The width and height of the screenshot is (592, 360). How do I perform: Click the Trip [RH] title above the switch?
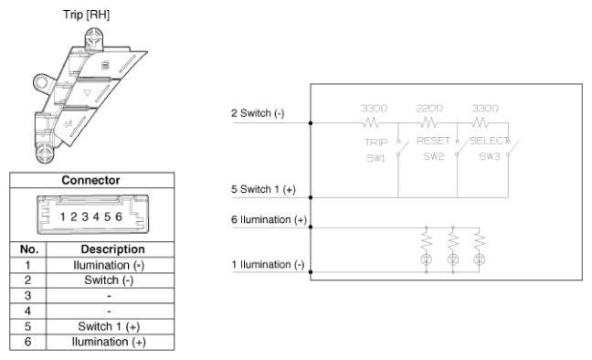[x=87, y=15]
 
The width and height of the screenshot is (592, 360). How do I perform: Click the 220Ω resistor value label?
[x=429, y=109]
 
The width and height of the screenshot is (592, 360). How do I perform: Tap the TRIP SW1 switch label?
[x=376, y=150]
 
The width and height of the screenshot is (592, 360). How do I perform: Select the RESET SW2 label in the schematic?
[x=433, y=148]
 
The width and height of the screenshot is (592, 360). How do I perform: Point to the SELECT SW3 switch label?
[x=490, y=148]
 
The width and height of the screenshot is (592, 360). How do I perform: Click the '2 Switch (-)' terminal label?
[x=258, y=113]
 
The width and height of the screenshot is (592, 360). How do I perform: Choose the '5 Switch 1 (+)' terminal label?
[x=263, y=189]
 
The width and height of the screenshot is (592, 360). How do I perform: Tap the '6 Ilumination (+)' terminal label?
[x=269, y=220]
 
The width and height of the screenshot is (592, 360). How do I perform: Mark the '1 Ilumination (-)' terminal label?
[x=268, y=264]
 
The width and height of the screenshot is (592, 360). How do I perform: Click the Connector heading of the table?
[x=90, y=180]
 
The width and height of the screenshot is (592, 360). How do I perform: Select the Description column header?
[x=112, y=249]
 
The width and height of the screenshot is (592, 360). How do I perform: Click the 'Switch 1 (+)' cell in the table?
[x=109, y=326]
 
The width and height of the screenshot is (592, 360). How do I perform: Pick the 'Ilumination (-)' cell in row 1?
[x=109, y=265]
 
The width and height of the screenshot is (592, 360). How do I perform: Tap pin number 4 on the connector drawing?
[x=96, y=217]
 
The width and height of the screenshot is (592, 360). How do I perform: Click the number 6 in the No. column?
[x=27, y=342]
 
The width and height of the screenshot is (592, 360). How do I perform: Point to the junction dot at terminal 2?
[x=311, y=123]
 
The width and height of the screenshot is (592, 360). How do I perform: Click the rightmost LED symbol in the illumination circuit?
[x=479, y=259]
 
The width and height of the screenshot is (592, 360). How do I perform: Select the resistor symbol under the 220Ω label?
[x=428, y=122]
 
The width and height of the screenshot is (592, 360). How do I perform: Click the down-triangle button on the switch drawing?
[x=88, y=92]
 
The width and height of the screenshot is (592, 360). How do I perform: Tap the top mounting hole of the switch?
[x=93, y=37]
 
